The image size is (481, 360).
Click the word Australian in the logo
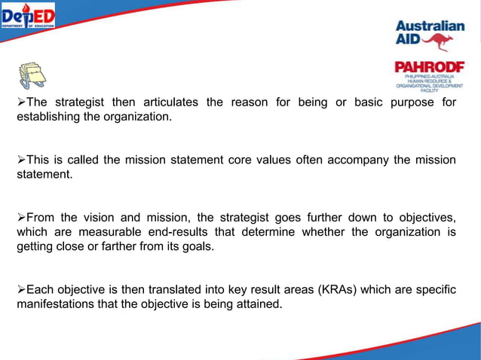click(430, 26)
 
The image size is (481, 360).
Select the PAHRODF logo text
click(430, 67)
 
